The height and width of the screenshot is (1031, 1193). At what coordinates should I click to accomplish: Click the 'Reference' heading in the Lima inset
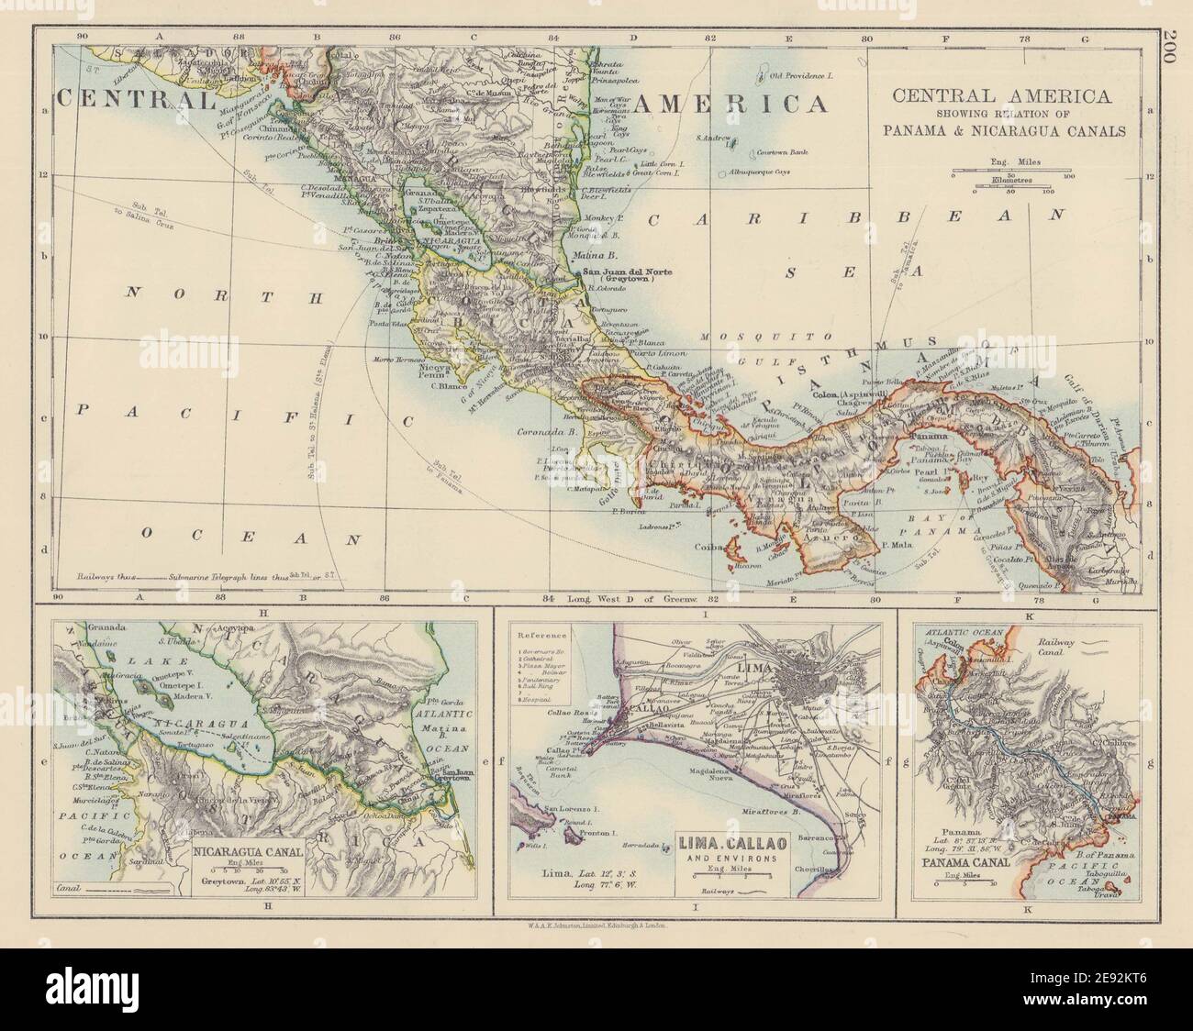pos(540,635)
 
